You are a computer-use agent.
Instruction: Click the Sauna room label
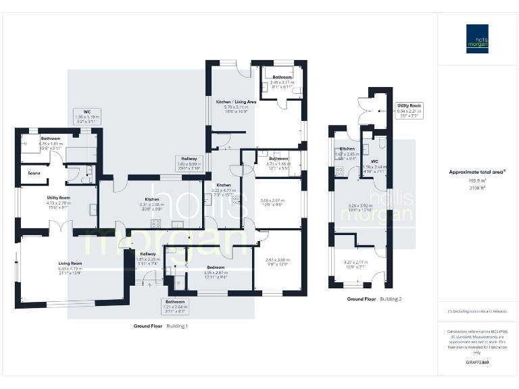[33, 174]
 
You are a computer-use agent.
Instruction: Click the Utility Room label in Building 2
[410, 105]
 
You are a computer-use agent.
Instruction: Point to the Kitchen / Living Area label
[236, 101]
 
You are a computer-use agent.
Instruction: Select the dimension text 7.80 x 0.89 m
[190, 163]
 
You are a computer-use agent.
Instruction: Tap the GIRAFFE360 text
[477, 363]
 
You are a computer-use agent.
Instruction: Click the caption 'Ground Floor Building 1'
[160, 326]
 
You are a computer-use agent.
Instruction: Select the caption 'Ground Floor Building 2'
[374, 298]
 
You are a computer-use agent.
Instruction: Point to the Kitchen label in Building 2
[347, 149]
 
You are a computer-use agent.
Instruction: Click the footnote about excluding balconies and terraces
[476, 311]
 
